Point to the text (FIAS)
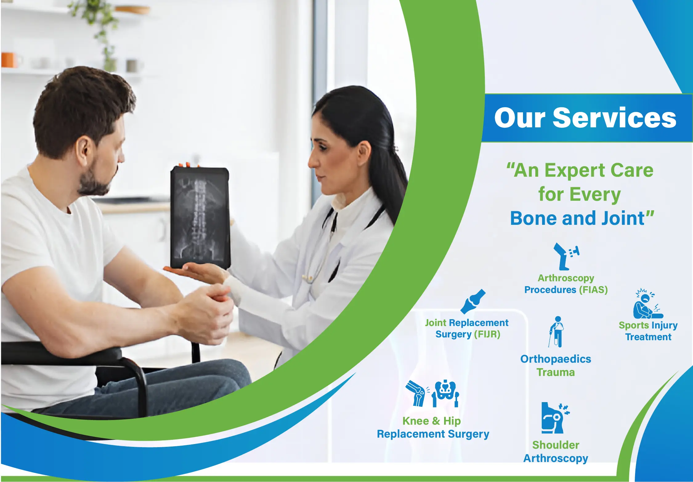tap(593, 290)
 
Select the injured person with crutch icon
tap(556, 332)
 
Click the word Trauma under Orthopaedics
tap(556, 373)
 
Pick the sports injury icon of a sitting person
tap(648, 304)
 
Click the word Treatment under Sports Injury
tap(648, 337)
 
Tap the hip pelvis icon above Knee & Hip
tap(445, 393)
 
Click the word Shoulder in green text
tap(556, 445)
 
